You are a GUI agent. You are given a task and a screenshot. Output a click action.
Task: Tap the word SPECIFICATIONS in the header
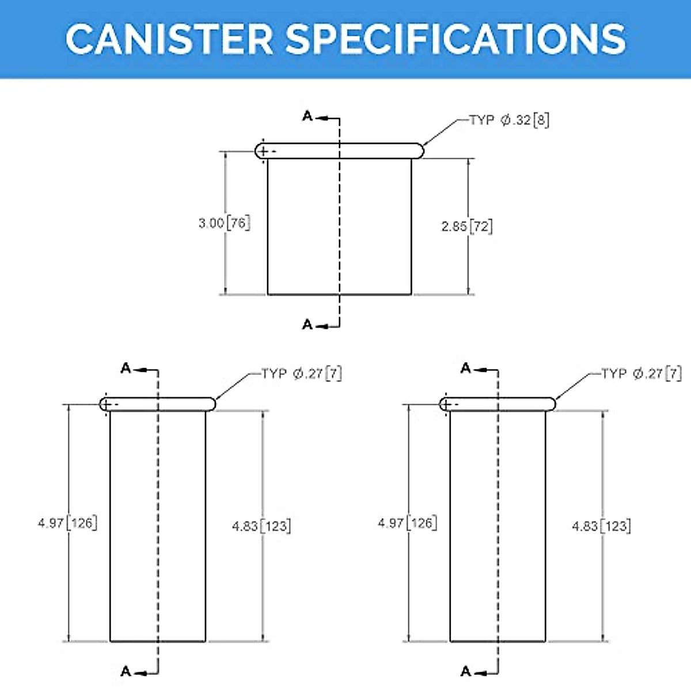455,39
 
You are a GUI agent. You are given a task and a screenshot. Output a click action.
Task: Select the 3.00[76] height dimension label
224,223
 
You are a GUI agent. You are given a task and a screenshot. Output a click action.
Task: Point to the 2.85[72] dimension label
467,226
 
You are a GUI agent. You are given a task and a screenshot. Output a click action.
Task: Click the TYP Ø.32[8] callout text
509,120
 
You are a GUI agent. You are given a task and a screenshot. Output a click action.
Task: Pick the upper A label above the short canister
307,117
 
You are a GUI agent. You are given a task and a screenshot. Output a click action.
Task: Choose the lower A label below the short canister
307,325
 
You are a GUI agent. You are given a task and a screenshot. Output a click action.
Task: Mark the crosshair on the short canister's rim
263,151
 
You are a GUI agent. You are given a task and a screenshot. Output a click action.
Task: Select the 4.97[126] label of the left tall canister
67,523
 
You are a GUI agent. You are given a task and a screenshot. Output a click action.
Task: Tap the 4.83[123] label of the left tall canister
261,526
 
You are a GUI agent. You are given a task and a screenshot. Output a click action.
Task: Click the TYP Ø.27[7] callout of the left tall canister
302,374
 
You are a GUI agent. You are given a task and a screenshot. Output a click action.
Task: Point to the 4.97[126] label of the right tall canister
407,523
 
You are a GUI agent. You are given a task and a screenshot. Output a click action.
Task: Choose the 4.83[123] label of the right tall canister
601,526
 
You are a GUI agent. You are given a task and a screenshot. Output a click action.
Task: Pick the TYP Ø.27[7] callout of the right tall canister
641,374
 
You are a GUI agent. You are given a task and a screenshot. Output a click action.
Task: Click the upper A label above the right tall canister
466,369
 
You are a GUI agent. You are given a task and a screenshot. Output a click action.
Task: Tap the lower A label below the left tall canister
126,671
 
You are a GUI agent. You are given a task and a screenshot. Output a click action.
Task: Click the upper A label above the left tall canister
126,369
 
